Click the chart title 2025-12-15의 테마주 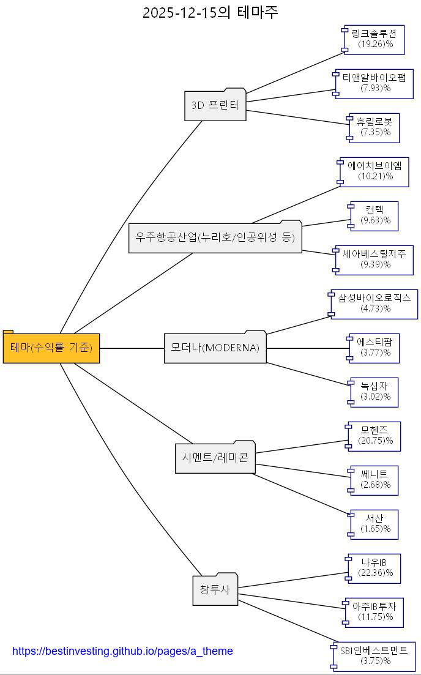(210, 12)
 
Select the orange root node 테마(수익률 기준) (51, 348)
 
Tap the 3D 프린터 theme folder (215, 105)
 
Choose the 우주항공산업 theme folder (215, 237)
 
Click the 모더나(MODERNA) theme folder (215, 348)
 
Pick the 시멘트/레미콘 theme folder (215, 458)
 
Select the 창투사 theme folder (215, 591)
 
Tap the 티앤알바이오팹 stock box (374, 83)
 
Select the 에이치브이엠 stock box (374, 171)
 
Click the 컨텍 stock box (374, 215)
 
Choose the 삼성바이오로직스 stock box (374, 304)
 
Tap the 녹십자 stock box (374, 392)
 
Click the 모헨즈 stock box (374, 436)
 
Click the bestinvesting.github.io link (122, 651)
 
